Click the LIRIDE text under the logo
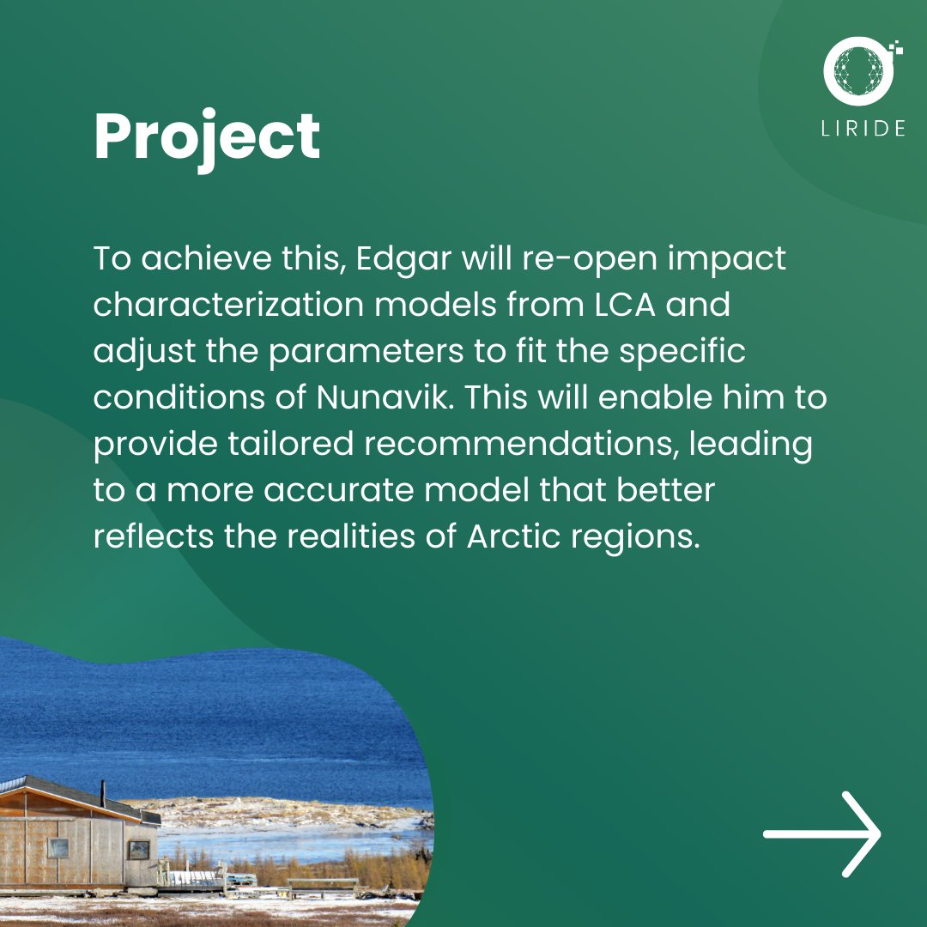point(862,129)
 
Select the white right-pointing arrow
point(822,833)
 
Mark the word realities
point(358,537)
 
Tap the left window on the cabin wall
point(58,848)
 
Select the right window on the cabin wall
point(138,850)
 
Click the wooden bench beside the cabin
point(323,885)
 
